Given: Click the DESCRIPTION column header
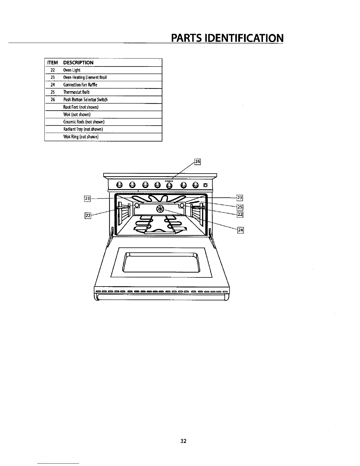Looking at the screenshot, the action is point(78,63).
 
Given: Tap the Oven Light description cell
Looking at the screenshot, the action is point(72,70).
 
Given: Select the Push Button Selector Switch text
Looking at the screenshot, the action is point(85,100).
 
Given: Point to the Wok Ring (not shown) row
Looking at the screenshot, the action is point(81,137).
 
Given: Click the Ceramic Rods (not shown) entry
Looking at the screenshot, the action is point(84,122).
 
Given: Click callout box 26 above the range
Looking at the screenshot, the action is point(197,162).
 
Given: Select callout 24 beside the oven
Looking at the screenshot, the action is point(241,230).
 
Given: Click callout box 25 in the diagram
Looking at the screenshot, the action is point(240,207).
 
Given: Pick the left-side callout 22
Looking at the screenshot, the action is point(88,216).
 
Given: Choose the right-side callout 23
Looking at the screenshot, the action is point(240,198).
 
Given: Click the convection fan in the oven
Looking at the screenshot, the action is point(160,209).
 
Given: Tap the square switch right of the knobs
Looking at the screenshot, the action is point(205,185).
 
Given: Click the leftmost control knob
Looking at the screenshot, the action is point(119,185).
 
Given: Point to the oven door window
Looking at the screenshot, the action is point(161,262).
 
